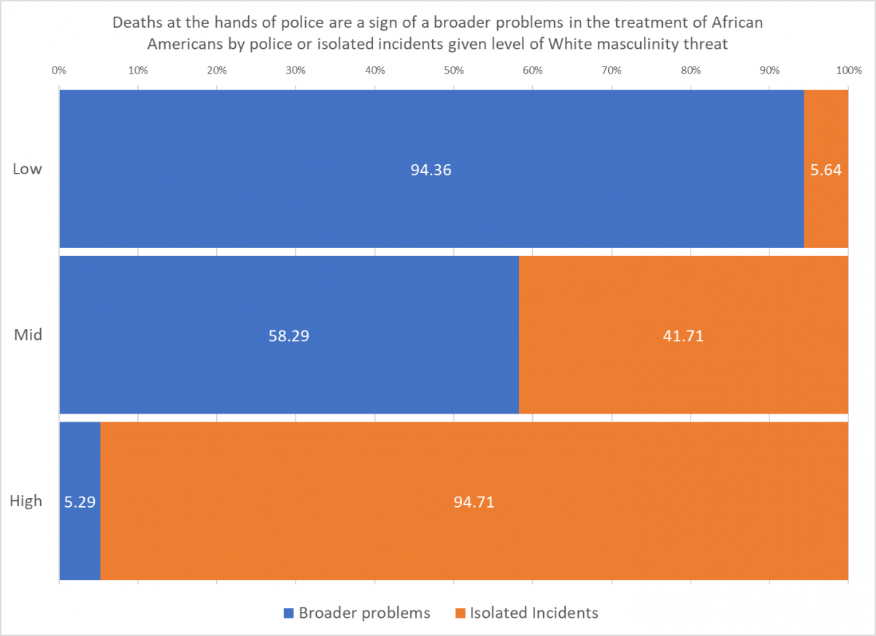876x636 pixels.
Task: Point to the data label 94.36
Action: pyautogui.click(x=431, y=171)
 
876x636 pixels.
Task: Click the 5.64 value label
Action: pyautogui.click(x=826, y=171)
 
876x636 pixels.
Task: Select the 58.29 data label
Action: pyautogui.click(x=289, y=337)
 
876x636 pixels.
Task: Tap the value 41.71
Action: pyautogui.click(x=683, y=337)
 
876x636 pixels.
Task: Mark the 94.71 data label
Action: pyautogui.click(x=474, y=502)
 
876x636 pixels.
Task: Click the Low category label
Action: pyautogui.click(x=27, y=169)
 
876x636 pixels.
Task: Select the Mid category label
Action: pyautogui.click(x=28, y=336)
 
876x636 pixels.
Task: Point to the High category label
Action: pyautogui.click(x=26, y=502)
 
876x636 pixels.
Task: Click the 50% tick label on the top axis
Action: pyautogui.click(x=453, y=71)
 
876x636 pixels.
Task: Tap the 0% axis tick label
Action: pyautogui.click(x=59, y=71)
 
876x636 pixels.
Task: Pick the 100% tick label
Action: pyautogui.click(x=848, y=71)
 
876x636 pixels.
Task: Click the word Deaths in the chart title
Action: pyautogui.click(x=137, y=23)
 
